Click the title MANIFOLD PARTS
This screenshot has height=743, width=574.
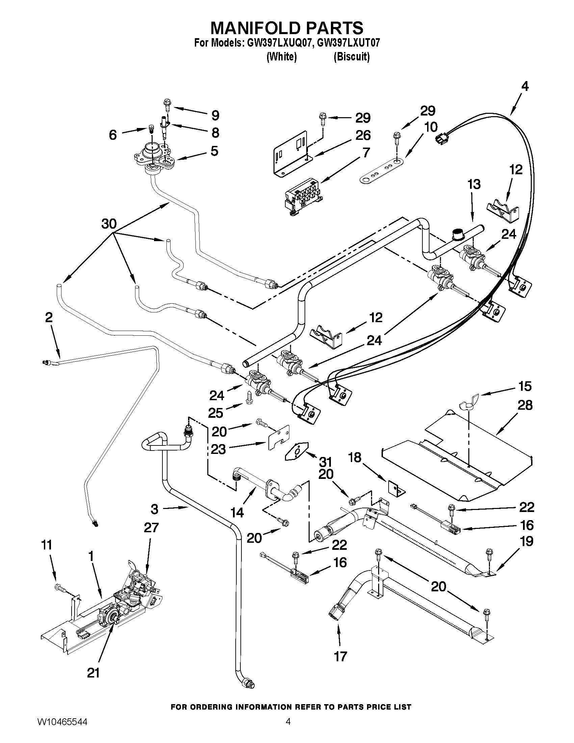click(287, 28)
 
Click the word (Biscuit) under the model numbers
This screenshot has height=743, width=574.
click(351, 57)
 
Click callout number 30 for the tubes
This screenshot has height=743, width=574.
click(109, 224)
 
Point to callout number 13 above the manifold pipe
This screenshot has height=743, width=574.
click(474, 184)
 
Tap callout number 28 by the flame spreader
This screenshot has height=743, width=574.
click(525, 405)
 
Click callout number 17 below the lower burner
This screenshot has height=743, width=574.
click(340, 656)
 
